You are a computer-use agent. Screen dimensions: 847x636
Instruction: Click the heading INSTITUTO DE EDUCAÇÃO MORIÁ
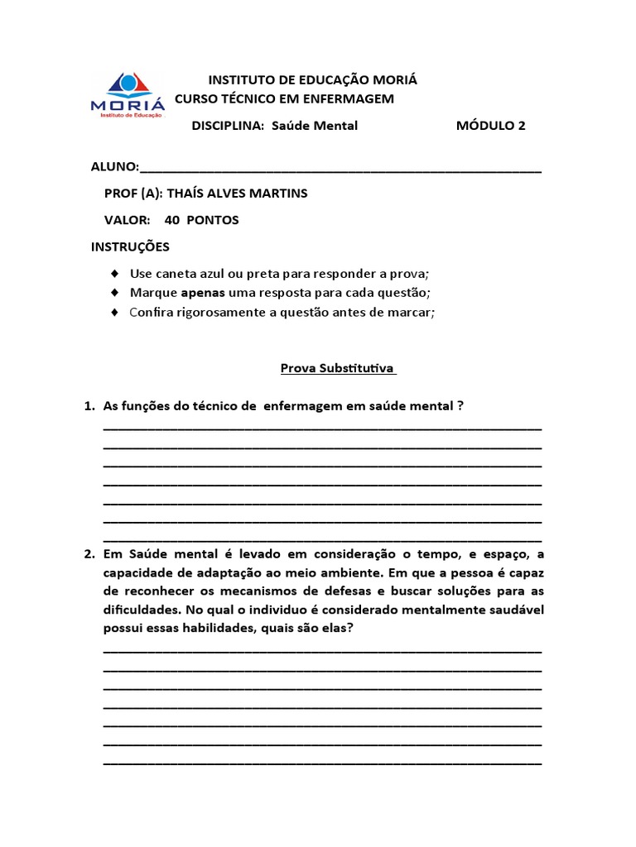click(x=312, y=80)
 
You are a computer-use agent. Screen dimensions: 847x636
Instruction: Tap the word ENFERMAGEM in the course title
click(x=346, y=99)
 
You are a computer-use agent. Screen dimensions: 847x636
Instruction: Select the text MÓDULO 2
click(x=490, y=126)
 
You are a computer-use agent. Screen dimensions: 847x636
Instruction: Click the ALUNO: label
click(x=114, y=167)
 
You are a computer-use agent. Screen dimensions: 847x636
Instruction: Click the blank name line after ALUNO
click(x=341, y=169)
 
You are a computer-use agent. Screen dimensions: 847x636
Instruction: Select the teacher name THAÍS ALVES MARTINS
click(x=237, y=194)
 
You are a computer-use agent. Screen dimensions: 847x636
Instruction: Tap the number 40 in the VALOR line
click(x=172, y=220)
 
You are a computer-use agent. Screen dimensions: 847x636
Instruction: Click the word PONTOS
click(x=213, y=220)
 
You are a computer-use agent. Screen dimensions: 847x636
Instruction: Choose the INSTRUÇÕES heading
click(x=130, y=246)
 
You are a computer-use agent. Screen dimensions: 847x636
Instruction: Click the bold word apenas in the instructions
click(x=203, y=293)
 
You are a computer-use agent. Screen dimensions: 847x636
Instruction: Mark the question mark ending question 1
click(x=460, y=406)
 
